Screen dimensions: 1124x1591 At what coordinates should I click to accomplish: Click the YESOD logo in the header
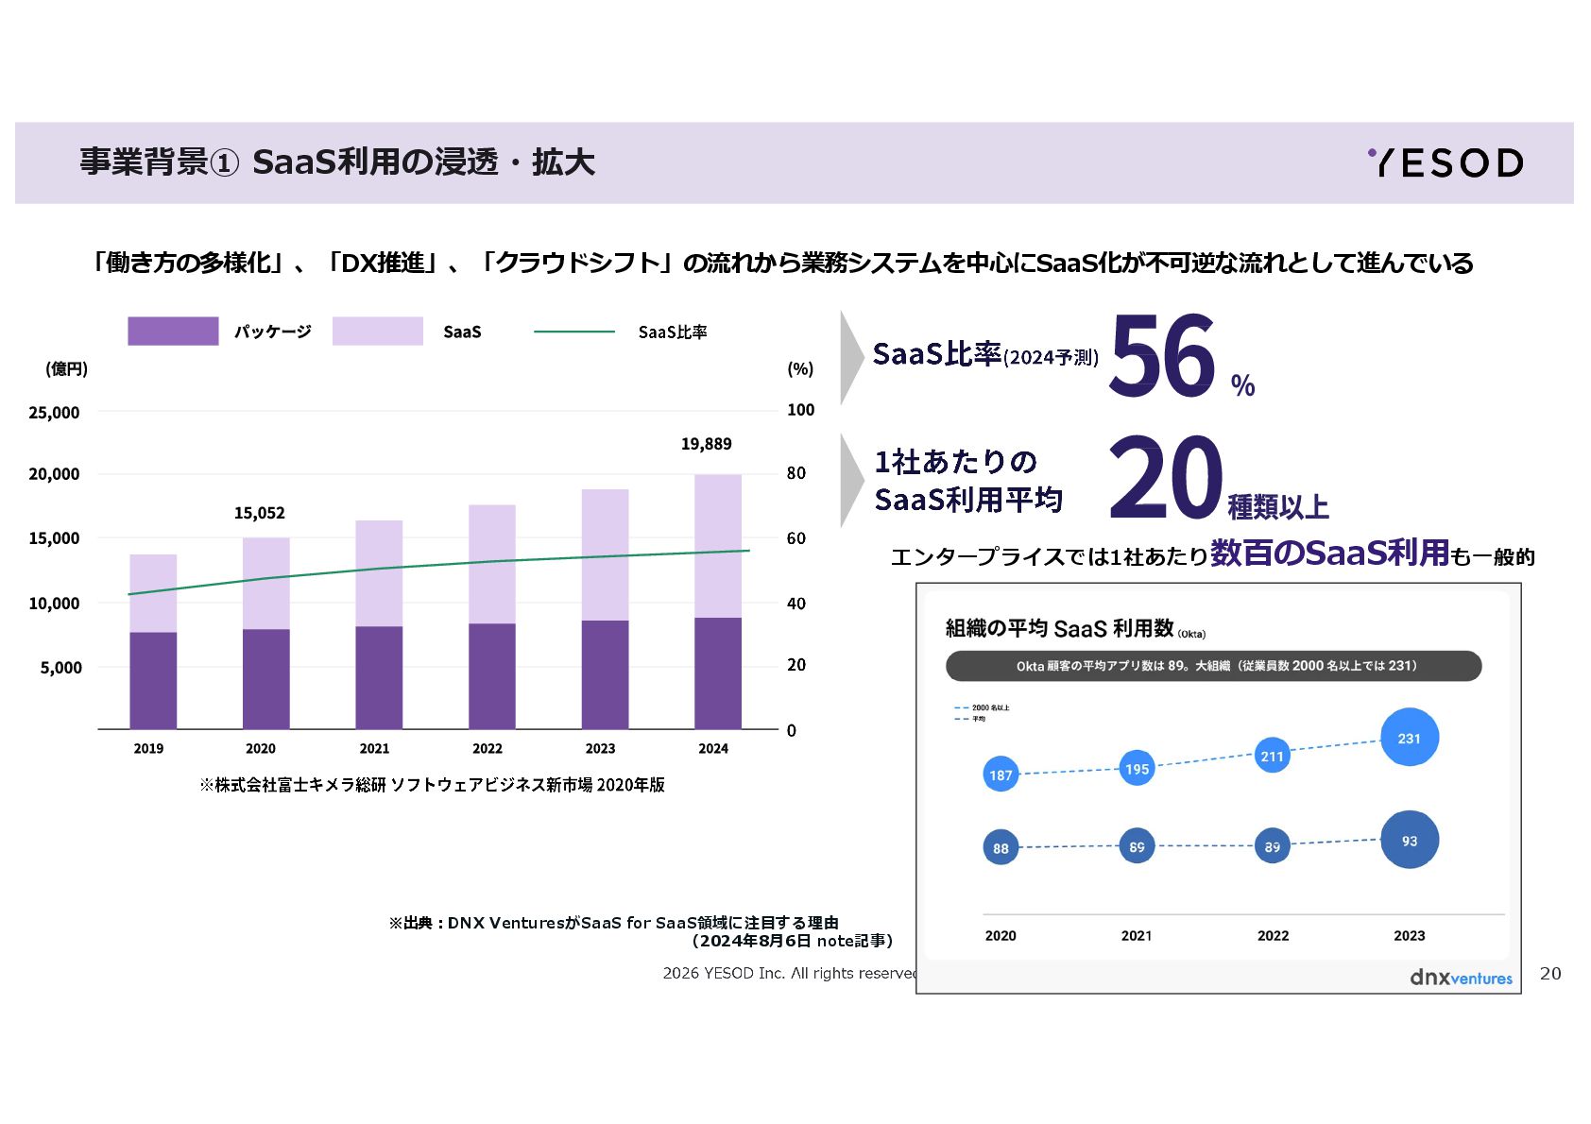tap(1445, 162)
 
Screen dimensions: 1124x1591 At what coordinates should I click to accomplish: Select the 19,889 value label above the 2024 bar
tap(706, 444)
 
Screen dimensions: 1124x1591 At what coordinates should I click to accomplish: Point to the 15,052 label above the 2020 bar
tap(259, 513)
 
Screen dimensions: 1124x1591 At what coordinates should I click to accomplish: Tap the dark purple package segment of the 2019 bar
tap(153, 680)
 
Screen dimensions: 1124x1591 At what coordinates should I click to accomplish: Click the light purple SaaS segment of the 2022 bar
tap(491, 563)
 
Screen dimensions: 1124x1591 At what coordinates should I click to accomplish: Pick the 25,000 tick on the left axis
tap(54, 413)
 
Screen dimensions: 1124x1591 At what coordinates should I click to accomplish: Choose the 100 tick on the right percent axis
tap(800, 410)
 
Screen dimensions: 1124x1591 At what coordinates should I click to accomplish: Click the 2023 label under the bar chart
tap(600, 748)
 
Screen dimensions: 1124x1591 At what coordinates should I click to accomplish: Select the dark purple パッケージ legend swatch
tap(173, 332)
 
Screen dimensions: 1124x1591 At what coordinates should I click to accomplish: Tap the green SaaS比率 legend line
tap(574, 332)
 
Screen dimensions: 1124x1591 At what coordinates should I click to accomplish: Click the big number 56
tap(1163, 357)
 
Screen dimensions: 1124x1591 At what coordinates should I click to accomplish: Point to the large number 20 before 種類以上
tap(1165, 477)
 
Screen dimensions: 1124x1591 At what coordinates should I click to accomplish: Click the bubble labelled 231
tap(1409, 738)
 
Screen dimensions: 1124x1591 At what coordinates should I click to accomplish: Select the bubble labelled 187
tap(1001, 775)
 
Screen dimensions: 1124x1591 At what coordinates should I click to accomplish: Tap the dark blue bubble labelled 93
tap(1409, 840)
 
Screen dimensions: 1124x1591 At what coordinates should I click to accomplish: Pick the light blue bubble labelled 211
tap(1272, 756)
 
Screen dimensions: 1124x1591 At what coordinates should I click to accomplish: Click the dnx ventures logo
tap(1460, 978)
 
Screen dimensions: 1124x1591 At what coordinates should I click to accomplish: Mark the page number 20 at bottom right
tap(1550, 973)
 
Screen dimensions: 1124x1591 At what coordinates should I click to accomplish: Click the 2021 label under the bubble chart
tap(1136, 935)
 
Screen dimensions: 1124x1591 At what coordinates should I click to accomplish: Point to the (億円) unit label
tap(66, 368)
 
